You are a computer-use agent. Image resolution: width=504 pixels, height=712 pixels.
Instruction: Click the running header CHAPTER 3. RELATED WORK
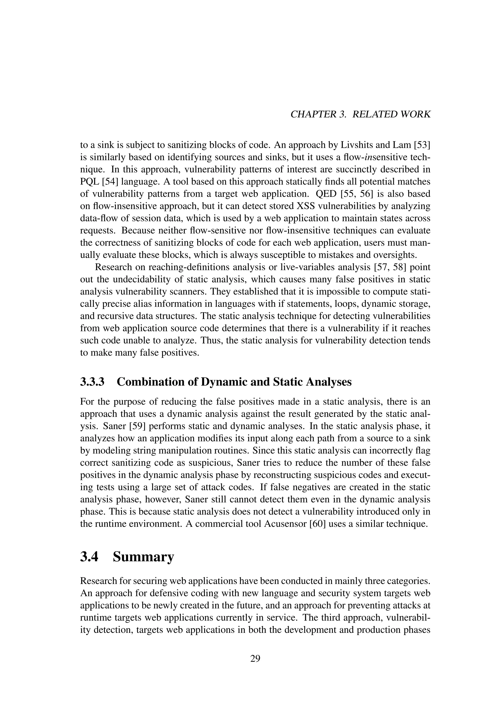360,114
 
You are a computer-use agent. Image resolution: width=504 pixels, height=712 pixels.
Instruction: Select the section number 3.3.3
92,382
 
